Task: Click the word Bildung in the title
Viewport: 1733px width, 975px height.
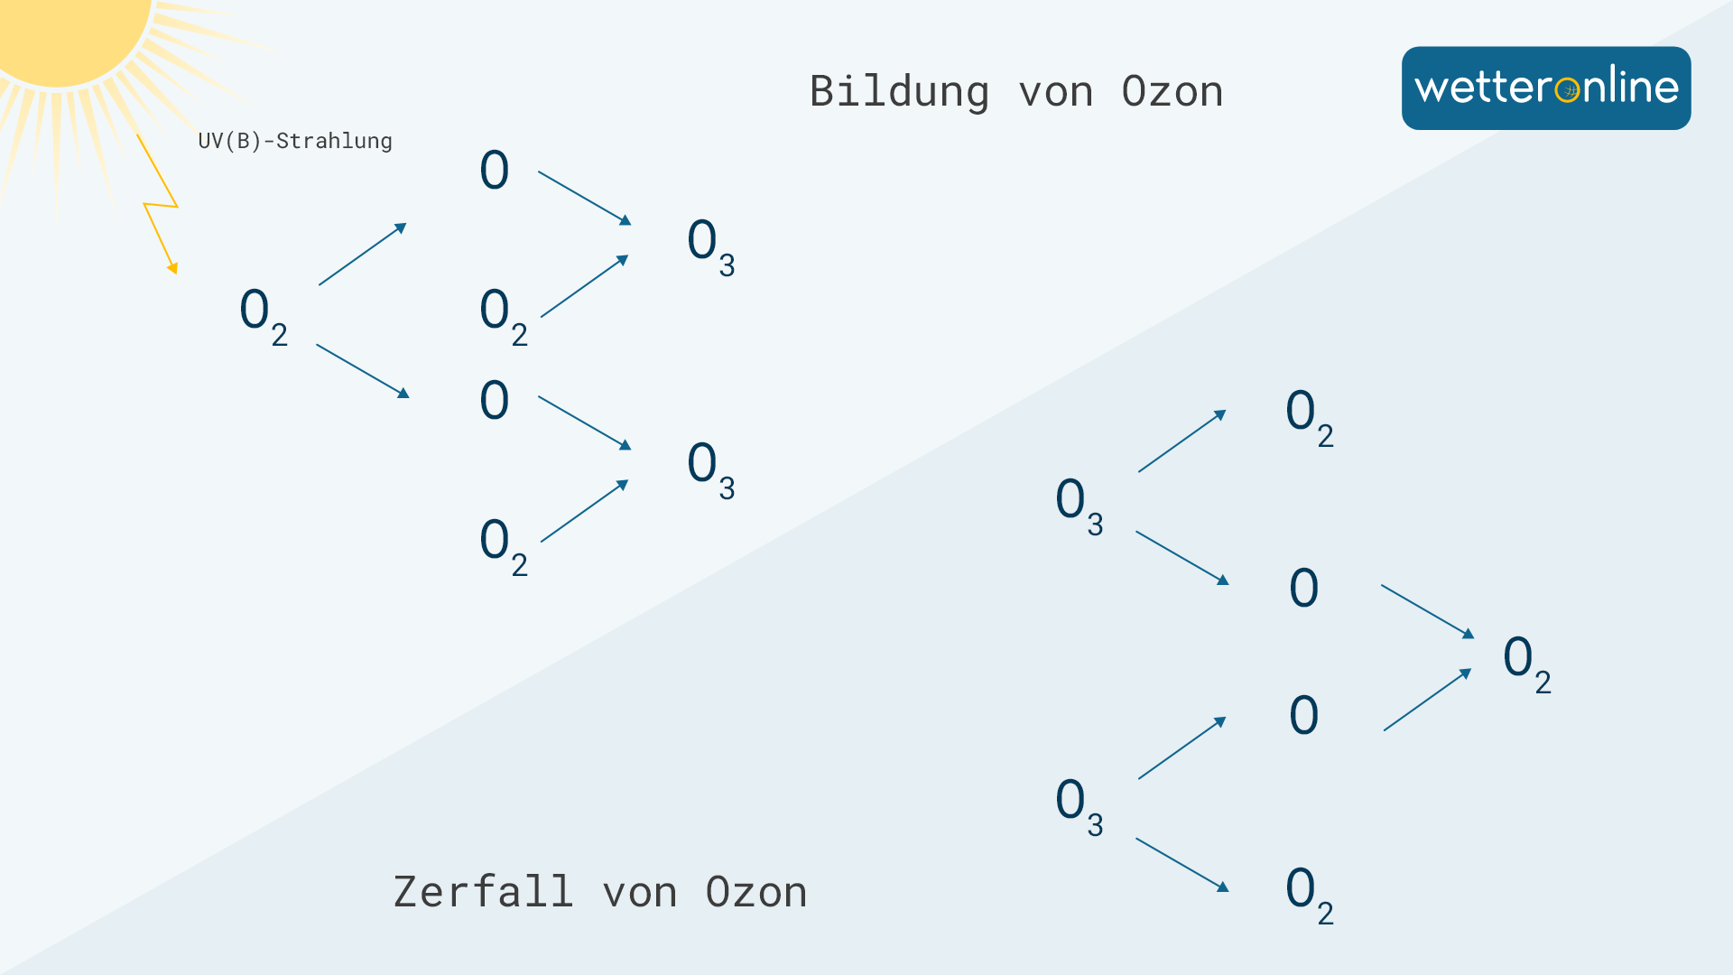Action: point(899,92)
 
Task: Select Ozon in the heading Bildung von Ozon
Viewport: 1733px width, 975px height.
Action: point(1172,92)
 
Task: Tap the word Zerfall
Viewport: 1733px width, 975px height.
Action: point(483,892)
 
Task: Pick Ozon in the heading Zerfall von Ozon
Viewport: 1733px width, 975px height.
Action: point(755,892)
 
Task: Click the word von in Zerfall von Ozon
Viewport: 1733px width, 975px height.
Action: point(639,892)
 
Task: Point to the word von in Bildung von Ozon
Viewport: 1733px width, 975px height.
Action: point(1055,92)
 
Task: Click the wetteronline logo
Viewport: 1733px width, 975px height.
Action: point(1545,88)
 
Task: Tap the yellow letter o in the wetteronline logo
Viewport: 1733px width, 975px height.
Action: point(1568,89)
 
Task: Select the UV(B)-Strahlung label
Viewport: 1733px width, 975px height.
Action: point(295,141)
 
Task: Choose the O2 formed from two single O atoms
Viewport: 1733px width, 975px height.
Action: point(1526,664)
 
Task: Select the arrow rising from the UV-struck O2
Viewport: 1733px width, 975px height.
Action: point(362,255)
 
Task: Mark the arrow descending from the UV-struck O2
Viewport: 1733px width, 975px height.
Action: point(362,370)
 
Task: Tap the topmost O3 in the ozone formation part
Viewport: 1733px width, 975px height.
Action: point(710,246)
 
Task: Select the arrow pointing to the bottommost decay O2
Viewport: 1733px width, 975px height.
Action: point(1182,864)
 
